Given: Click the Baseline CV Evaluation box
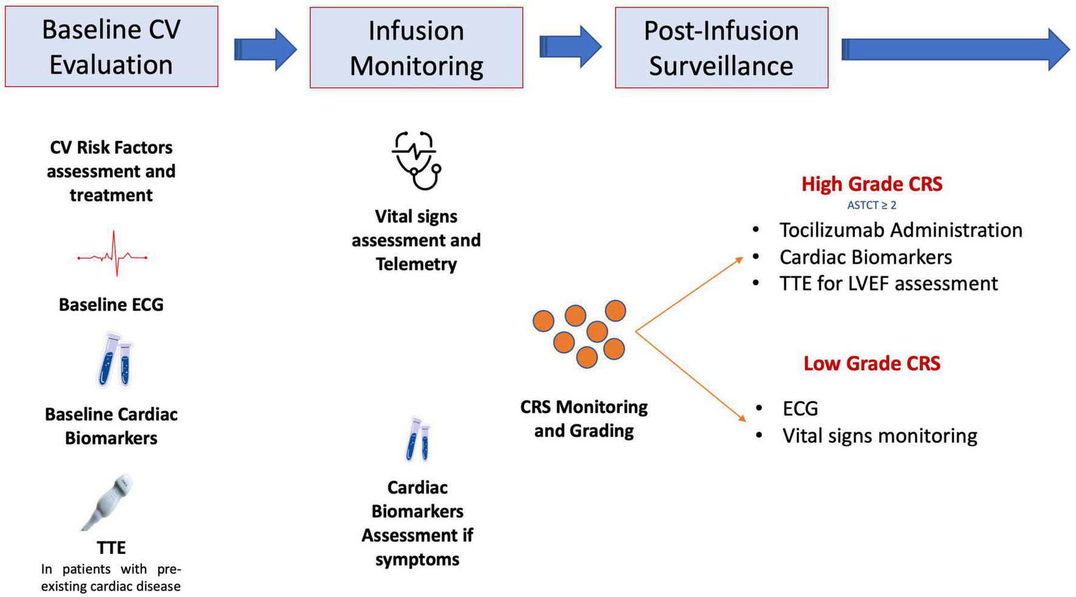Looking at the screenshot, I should coord(111,47).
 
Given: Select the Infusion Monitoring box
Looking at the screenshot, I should coord(416,48).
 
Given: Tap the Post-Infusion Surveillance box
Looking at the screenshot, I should coord(721,48).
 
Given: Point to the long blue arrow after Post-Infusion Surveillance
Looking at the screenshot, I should coord(953,50).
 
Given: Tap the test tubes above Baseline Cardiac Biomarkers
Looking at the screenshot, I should coord(115,361).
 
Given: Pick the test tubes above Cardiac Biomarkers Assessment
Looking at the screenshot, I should coord(418,440).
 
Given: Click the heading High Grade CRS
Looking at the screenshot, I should coord(871,184).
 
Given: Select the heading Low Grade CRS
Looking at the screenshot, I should coord(871,363).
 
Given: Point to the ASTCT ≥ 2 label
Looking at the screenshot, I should coord(871,205).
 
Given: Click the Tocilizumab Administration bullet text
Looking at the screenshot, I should coord(901,230).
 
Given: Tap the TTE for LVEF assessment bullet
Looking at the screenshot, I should coord(888,284).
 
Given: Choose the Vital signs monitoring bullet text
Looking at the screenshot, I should coord(879,436).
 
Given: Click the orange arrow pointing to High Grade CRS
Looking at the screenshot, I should coord(689,294).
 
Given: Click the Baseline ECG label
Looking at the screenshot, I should coord(111,304).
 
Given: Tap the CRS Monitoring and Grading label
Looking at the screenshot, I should coord(584,418).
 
